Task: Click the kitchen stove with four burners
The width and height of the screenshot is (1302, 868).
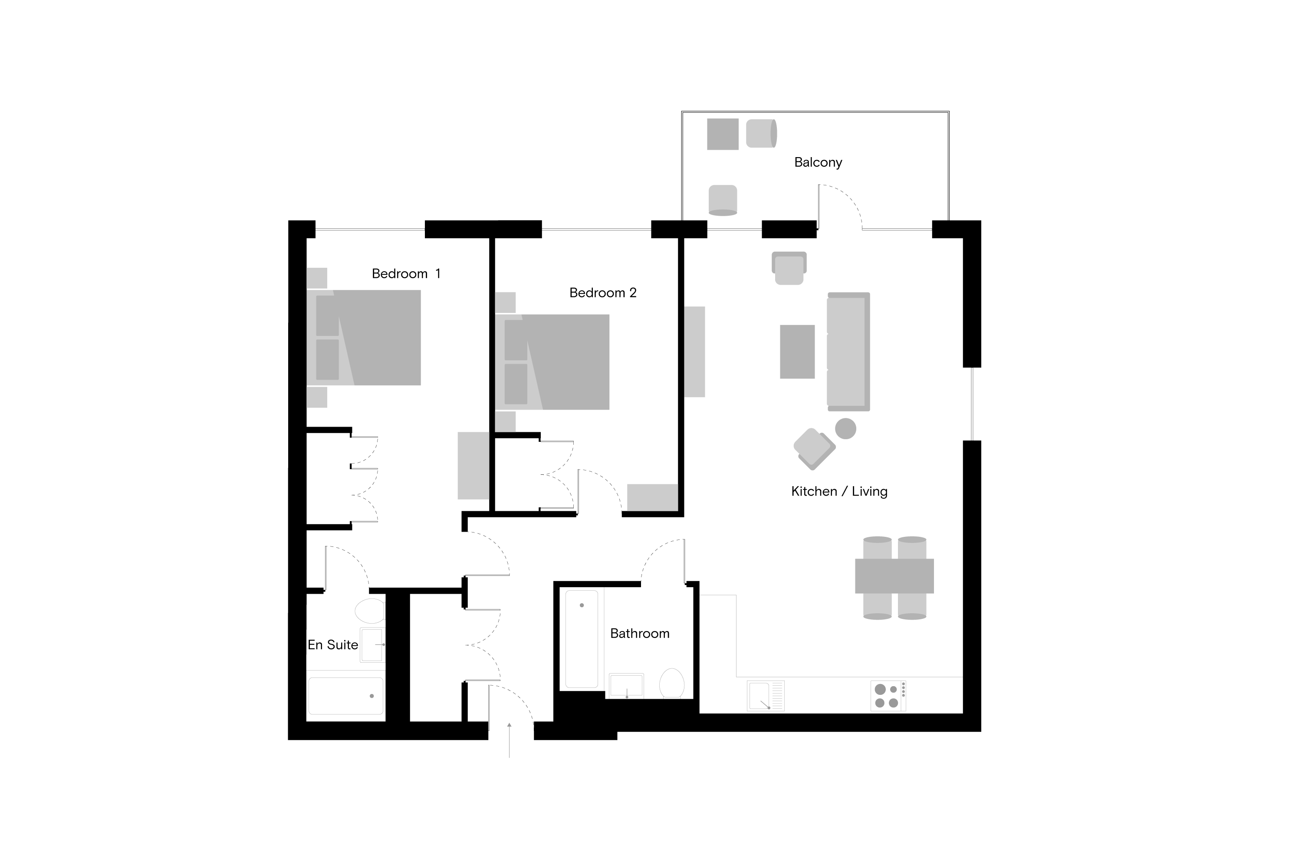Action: pos(888,696)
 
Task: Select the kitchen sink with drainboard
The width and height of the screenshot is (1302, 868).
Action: pos(765,696)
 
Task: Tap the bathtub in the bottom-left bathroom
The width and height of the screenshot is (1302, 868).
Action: pos(345,696)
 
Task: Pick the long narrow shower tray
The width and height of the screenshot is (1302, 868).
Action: pos(581,639)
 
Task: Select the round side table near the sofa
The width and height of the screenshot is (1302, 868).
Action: pos(845,428)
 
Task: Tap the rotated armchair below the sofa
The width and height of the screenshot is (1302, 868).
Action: pos(814,448)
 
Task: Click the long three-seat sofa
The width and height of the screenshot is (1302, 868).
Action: pos(848,352)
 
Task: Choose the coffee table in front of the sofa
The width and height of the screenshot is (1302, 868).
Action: pos(797,352)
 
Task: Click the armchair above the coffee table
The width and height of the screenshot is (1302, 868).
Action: pos(789,269)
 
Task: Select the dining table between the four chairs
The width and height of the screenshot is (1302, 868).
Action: pos(894,576)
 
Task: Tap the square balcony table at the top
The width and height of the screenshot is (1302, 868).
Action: pos(723,134)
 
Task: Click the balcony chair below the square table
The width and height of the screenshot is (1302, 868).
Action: pos(723,200)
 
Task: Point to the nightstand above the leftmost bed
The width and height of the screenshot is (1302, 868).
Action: pos(317,278)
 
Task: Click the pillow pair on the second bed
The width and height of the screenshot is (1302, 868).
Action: pos(516,362)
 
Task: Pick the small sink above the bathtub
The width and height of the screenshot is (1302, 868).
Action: pos(372,645)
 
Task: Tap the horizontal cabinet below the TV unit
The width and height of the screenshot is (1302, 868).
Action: pos(652,497)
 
